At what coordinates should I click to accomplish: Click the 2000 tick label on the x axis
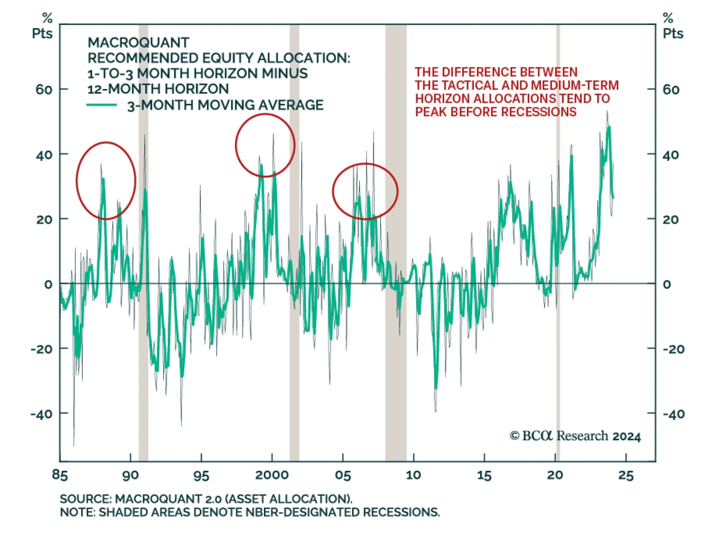271,475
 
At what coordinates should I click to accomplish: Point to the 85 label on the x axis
60,475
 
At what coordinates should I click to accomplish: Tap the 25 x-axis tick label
626,475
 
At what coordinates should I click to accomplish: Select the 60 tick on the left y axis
44,90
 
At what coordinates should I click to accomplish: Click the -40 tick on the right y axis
674,414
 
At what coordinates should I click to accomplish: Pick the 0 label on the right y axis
667,284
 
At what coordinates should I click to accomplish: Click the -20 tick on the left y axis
41,349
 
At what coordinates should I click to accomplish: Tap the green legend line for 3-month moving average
101,105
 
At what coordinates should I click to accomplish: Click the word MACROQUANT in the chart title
138,43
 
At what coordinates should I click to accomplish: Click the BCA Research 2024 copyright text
575,436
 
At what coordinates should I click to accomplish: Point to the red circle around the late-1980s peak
106,181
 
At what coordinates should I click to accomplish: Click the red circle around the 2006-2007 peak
365,191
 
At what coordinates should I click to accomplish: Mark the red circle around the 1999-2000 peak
265,146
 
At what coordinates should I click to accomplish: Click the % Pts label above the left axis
43,27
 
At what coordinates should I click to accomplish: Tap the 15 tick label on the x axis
484,475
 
